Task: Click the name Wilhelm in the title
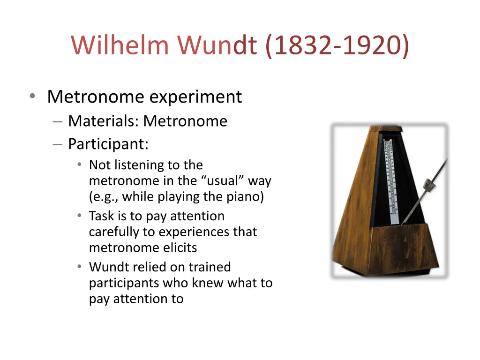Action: click(x=120, y=45)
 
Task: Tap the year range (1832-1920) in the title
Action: click(x=337, y=45)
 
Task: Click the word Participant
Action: click(x=108, y=144)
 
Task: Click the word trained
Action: click(x=210, y=267)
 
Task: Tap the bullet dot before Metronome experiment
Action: click(x=32, y=96)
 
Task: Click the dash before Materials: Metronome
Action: click(x=58, y=121)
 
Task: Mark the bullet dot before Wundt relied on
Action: click(x=80, y=267)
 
